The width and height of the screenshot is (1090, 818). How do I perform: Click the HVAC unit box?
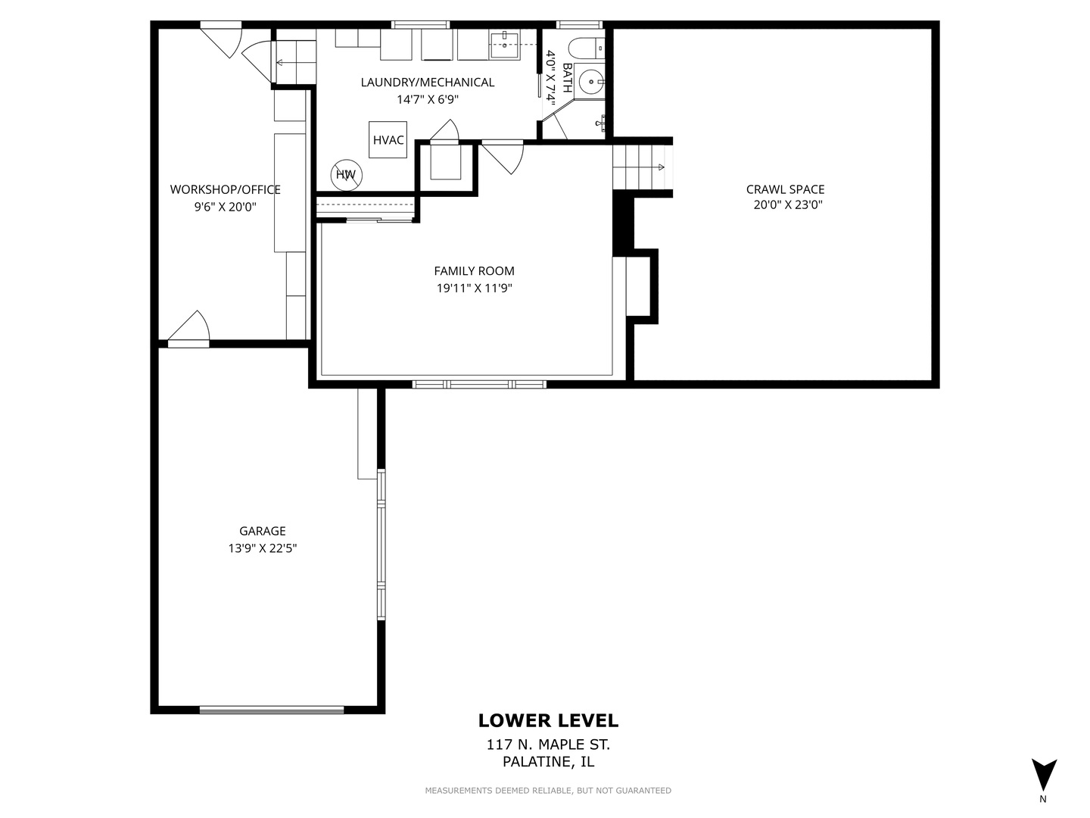click(388, 139)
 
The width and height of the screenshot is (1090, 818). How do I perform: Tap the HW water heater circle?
click(347, 175)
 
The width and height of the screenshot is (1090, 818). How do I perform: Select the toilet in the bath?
click(587, 49)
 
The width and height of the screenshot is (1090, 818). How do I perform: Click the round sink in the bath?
click(591, 82)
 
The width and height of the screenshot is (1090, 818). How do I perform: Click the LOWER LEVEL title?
click(548, 720)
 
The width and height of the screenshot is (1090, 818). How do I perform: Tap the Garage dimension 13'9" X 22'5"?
click(262, 548)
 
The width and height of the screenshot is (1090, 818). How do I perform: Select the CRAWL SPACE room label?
click(785, 189)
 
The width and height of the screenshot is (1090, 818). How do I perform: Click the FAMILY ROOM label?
click(475, 270)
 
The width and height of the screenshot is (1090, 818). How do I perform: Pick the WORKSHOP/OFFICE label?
click(226, 189)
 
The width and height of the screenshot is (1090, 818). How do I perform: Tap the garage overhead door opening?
click(272, 710)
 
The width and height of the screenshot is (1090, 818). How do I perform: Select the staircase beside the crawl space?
click(643, 167)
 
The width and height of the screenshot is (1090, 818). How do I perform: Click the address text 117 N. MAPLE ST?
click(548, 745)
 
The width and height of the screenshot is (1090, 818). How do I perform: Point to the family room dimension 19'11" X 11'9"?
click(475, 288)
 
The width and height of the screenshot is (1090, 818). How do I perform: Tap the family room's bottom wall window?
click(479, 384)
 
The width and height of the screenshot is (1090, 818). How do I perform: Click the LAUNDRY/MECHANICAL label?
click(428, 83)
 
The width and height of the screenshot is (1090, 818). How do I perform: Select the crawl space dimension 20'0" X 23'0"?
click(788, 204)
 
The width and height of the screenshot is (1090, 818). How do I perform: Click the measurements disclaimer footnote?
click(548, 790)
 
